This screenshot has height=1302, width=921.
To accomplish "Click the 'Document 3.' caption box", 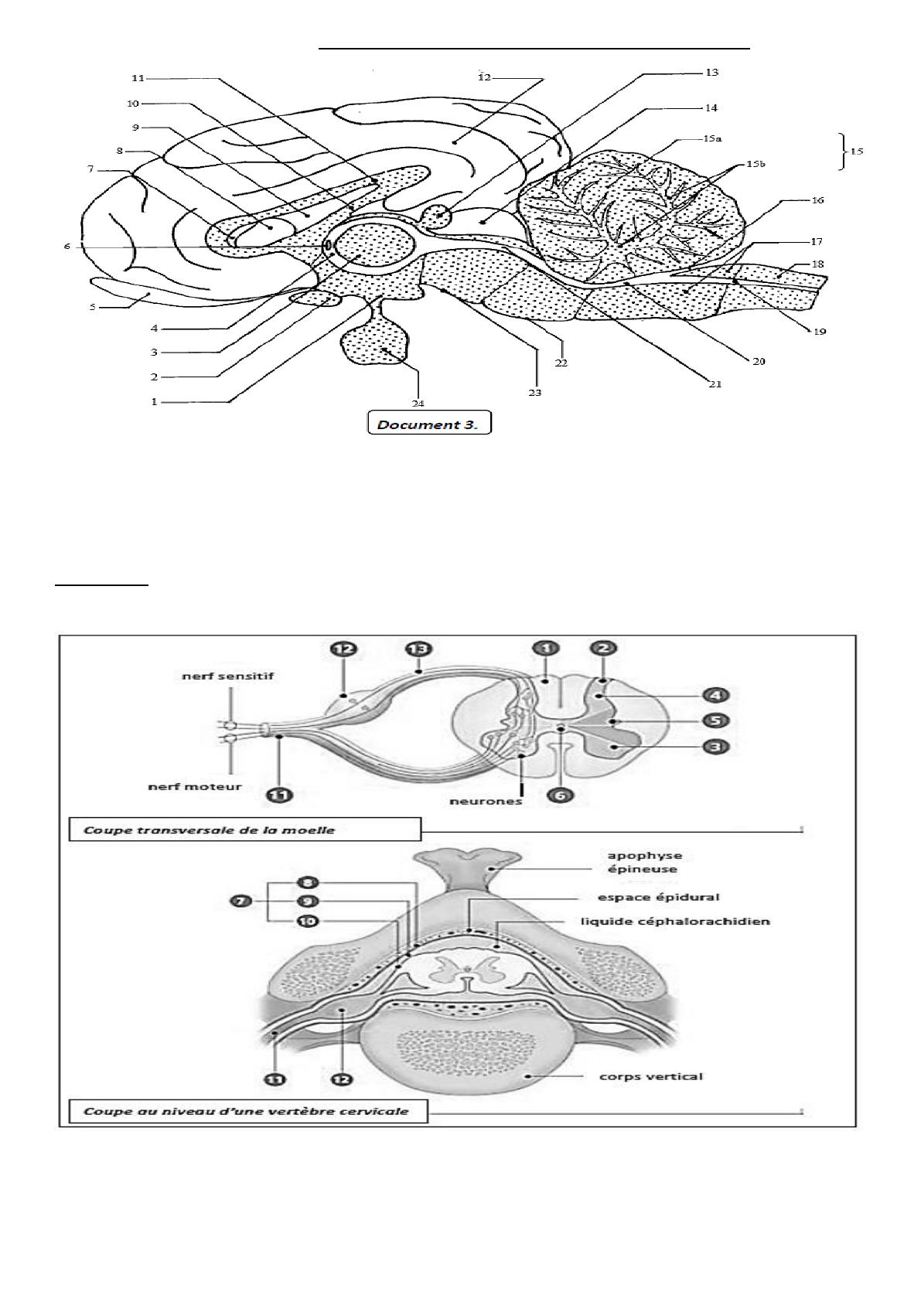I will (428, 424).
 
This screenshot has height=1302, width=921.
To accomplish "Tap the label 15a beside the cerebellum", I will (712, 139).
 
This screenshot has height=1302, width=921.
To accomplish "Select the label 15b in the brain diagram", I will (755, 165).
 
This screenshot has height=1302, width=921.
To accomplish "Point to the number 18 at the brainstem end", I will (817, 264).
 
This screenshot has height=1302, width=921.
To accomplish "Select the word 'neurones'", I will (486, 801).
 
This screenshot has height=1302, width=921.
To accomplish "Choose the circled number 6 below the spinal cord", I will (562, 794).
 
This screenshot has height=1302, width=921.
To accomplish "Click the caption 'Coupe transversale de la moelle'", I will (209, 830).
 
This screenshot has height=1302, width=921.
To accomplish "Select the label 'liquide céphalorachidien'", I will (675, 922).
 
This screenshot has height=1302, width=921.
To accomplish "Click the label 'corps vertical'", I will (651, 1076).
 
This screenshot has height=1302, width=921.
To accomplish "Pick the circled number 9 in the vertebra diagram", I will (307, 902).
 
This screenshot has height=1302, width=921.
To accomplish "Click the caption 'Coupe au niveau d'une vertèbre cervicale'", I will (245, 1112).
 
